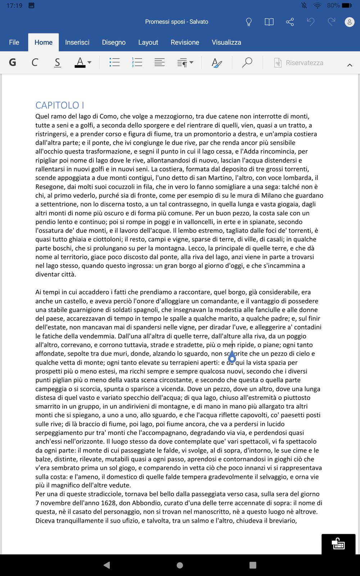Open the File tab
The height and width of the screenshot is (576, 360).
click(x=14, y=42)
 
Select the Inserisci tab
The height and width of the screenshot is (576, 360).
click(x=77, y=42)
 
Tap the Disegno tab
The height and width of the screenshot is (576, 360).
click(x=114, y=42)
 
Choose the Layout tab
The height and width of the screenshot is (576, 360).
click(x=148, y=42)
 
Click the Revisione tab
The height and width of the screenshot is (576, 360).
click(x=185, y=42)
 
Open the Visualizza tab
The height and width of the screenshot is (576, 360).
click(x=226, y=42)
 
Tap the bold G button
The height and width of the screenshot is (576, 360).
click(x=13, y=63)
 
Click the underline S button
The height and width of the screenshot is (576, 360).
click(x=57, y=63)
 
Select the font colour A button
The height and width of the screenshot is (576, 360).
click(x=80, y=62)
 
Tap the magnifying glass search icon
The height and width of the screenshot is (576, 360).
click(x=247, y=62)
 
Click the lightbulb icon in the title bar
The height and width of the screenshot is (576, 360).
click(x=248, y=22)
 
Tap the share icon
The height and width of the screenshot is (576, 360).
click(x=290, y=22)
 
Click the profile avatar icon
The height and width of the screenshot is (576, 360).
click(x=349, y=22)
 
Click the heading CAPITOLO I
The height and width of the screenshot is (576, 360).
click(x=60, y=105)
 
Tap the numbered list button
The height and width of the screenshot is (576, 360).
click(x=137, y=62)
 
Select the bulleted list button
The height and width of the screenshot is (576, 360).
click(x=114, y=62)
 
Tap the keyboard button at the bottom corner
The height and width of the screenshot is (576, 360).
click(x=338, y=544)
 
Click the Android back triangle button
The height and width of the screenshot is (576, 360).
click(x=107, y=565)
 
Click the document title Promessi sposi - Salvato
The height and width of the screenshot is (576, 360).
click(x=176, y=22)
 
